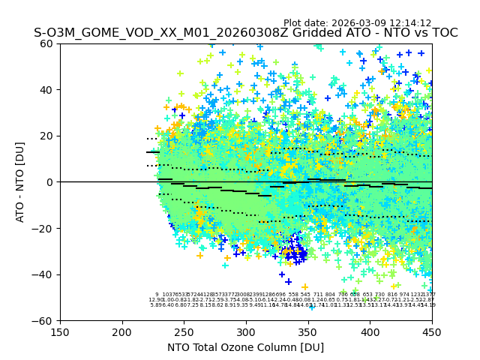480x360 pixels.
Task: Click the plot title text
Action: coord(245,33)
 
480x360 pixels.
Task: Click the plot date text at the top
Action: coord(357,23)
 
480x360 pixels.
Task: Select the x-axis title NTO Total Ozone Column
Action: coord(245,347)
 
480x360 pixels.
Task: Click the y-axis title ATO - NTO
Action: coord(20,182)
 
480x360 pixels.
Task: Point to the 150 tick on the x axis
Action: coord(60,331)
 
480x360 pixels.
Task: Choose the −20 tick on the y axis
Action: coord(45,228)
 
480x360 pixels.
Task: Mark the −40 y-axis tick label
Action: coord(45,274)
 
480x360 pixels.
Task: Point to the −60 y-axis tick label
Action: coord(45,320)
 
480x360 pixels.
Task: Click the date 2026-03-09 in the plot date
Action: coord(363,23)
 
